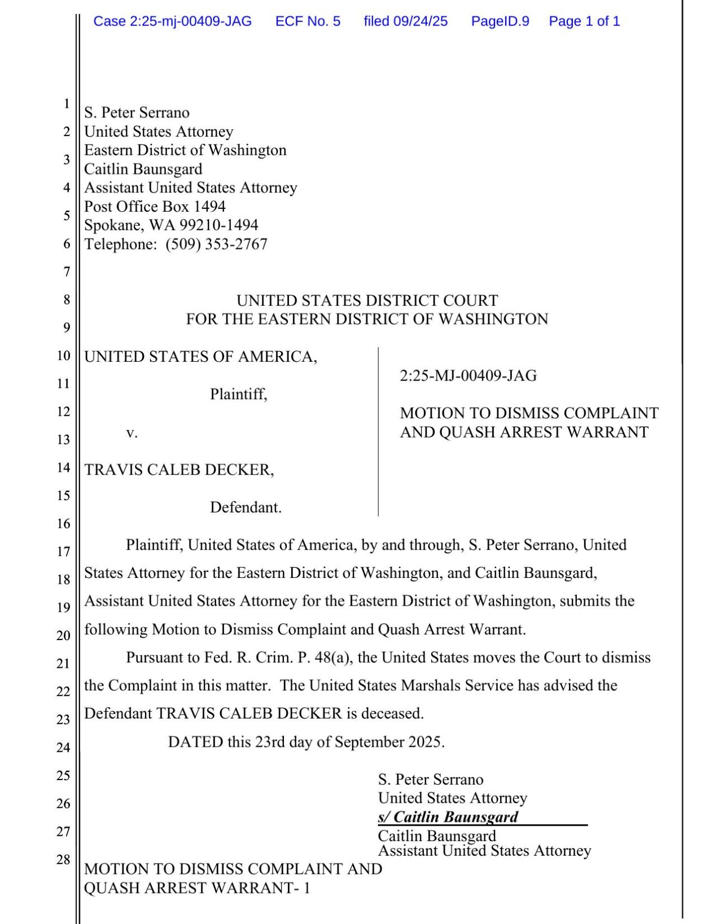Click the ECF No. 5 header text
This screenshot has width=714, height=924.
308,21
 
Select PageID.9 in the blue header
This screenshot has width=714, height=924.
500,21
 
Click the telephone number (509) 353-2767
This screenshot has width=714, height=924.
216,244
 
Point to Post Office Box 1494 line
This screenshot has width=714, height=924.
155,207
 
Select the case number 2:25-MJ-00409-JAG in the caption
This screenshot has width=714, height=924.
468,376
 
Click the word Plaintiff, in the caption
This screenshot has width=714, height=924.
238,394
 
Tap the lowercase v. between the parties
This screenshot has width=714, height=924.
132,433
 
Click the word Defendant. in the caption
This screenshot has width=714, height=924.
246,507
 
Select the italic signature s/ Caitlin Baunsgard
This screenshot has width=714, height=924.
448,817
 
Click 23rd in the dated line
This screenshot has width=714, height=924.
270,742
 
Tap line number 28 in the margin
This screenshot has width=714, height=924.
63,860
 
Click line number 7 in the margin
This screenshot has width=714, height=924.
67,272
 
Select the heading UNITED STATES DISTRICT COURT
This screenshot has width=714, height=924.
367,300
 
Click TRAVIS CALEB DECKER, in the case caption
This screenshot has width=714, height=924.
179,470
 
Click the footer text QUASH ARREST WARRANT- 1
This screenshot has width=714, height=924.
197,888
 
